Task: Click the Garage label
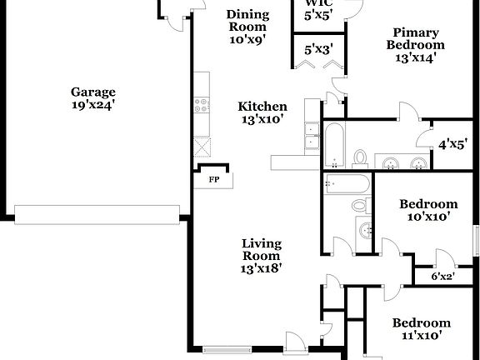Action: (92, 92)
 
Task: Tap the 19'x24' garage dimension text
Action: (92, 105)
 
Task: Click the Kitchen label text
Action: (262, 107)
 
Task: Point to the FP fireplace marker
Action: (213, 180)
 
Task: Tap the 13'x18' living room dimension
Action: (261, 268)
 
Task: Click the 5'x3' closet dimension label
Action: (317, 50)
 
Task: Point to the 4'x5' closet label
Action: (453, 144)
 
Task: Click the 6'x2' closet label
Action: (442, 276)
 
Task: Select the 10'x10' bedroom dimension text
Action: (427, 217)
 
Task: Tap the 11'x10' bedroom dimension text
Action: (422, 336)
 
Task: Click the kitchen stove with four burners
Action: (201, 105)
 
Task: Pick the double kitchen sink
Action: (312, 136)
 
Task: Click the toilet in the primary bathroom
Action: (361, 157)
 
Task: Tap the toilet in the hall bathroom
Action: (358, 204)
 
